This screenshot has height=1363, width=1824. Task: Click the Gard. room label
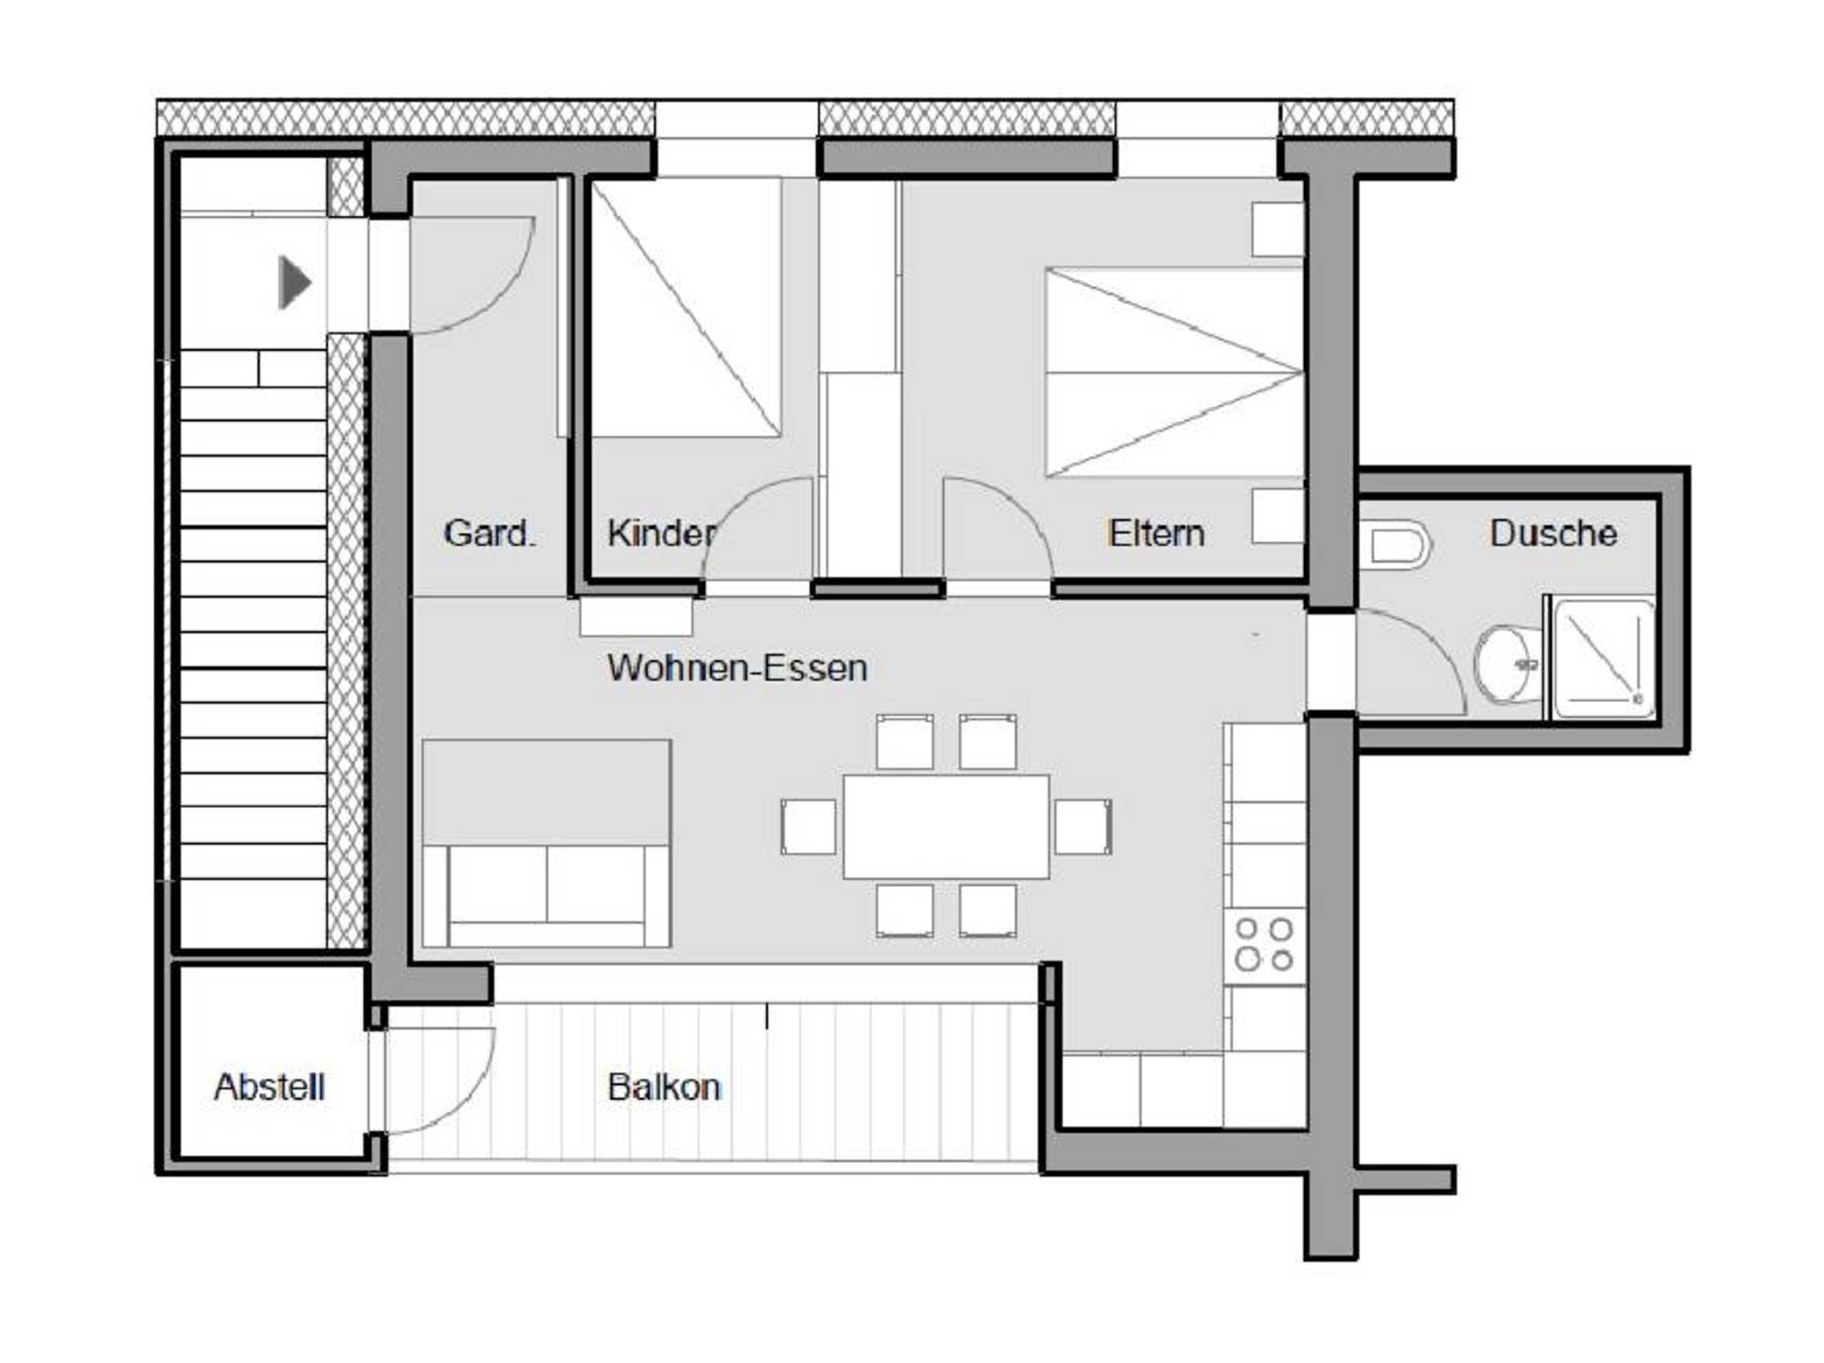(489, 534)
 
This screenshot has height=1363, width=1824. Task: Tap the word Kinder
(660, 534)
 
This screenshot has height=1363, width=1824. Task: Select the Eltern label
(1156, 534)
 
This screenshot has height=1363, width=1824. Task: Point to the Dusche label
(1553, 534)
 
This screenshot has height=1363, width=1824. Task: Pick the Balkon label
(664, 1088)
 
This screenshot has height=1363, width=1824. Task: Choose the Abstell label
(270, 1088)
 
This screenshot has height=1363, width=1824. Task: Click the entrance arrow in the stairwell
(294, 283)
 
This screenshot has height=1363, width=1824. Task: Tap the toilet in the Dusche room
(1399, 546)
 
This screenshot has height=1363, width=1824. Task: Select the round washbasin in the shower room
(1505, 664)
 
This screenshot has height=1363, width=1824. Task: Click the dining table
(946, 826)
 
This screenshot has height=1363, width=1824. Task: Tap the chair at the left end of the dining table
(808, 826)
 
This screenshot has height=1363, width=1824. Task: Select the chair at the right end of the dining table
(1082, 826)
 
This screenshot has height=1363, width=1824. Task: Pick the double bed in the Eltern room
(1173, 373)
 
